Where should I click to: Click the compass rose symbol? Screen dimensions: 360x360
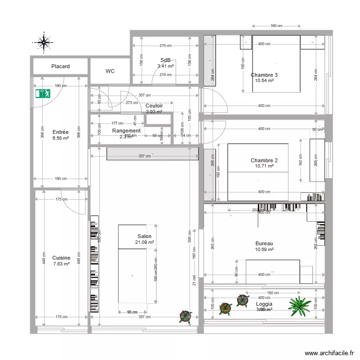[44, 42]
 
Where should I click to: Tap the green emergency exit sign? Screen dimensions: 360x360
[43, 94]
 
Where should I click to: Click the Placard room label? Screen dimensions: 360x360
[60, 66]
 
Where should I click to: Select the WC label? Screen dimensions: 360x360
[110, 71]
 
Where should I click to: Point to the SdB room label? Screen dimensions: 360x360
[166, 60]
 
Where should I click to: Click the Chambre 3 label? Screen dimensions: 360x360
[264, 75]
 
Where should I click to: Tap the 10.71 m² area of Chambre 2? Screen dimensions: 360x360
[264, 166]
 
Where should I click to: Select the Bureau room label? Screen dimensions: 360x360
[264, 244]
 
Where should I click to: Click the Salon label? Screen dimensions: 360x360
[144, 237]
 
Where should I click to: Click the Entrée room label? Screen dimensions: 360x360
[60, 132]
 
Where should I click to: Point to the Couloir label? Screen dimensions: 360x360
[154, 106]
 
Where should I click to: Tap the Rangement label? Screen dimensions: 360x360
[126, 131]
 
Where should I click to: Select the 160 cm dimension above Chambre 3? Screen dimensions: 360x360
[276, 26]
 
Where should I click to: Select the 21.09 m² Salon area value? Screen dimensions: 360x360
[144, 242]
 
